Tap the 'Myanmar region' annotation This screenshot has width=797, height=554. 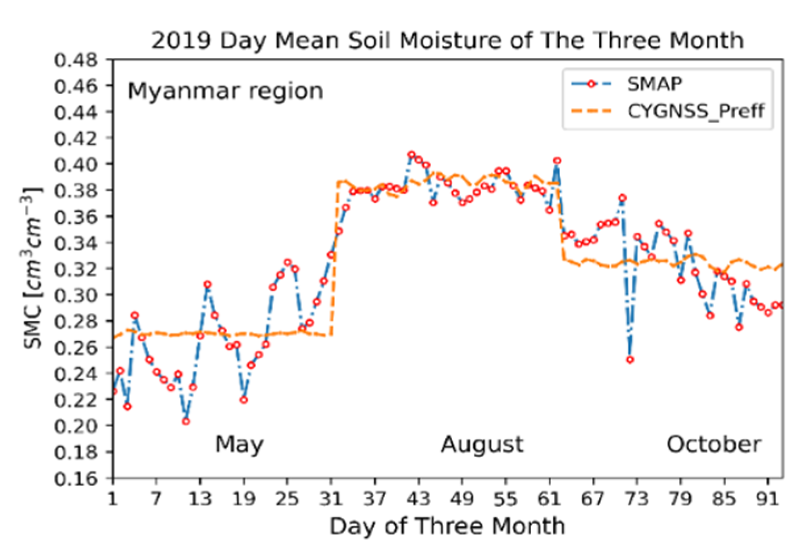tap(225, 91)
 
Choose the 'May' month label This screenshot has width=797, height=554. tap(239, 444)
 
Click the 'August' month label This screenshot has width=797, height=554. tap(482, 444)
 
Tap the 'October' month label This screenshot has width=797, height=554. tap(714, 444)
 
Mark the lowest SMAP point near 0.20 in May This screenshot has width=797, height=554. tap(186, 421)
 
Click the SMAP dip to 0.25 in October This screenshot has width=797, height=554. tap(629, 360)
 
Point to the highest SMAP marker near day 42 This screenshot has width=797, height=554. tap(411, 154)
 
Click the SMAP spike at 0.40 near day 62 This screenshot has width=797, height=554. tap(557, 160)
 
